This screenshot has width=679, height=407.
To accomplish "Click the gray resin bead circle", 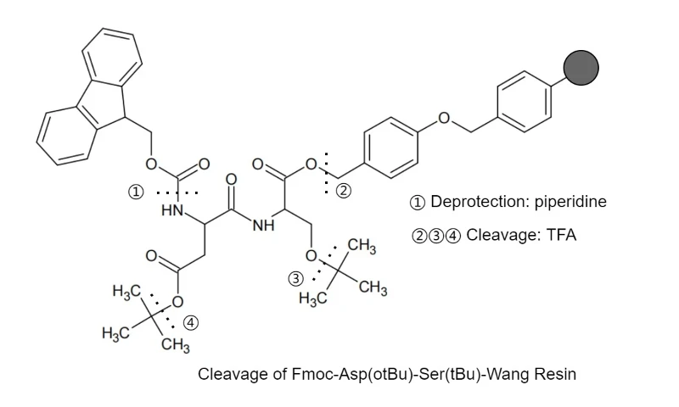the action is pos(581,68).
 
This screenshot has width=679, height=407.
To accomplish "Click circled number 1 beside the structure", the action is pos(136,191).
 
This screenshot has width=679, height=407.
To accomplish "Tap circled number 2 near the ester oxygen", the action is pos(344,191).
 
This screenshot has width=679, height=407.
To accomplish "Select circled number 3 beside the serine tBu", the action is pos(295,279).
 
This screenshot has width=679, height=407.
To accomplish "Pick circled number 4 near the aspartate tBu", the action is pos(191,323).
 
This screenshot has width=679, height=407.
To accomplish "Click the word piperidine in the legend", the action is pos(570,202).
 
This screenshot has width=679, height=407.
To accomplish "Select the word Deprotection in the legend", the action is pos(480,202).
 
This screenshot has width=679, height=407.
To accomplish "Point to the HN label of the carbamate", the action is pos(172,210).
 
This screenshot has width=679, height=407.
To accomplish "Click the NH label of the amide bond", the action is pos(264,226).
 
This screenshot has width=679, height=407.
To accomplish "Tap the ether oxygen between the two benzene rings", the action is pos(444,118).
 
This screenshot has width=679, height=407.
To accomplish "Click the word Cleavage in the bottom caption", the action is pos(233,374).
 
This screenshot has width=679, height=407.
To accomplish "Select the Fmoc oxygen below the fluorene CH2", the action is pos(151,164).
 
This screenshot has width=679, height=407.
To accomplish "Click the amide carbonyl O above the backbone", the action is pos(231,180).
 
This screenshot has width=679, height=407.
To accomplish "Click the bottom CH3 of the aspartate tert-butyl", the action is pos(176,346).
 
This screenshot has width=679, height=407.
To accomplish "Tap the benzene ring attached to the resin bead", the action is pos(525,101).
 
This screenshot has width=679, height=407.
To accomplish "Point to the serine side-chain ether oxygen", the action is pos(311,255).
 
